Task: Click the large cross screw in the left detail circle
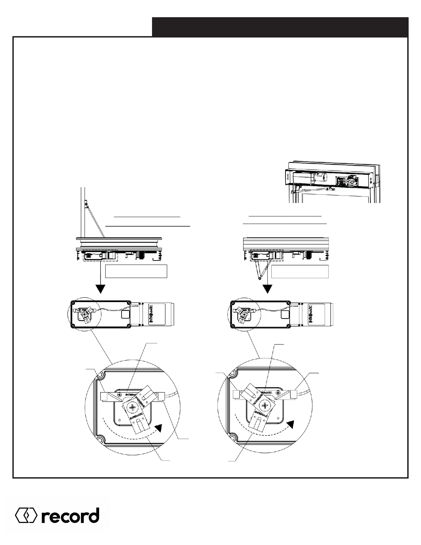133,408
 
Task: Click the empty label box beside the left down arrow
136,271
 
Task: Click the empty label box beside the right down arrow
300,271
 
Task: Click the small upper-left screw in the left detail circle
119,395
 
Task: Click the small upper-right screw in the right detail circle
278,393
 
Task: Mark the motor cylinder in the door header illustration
320,178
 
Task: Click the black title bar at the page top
280,27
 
